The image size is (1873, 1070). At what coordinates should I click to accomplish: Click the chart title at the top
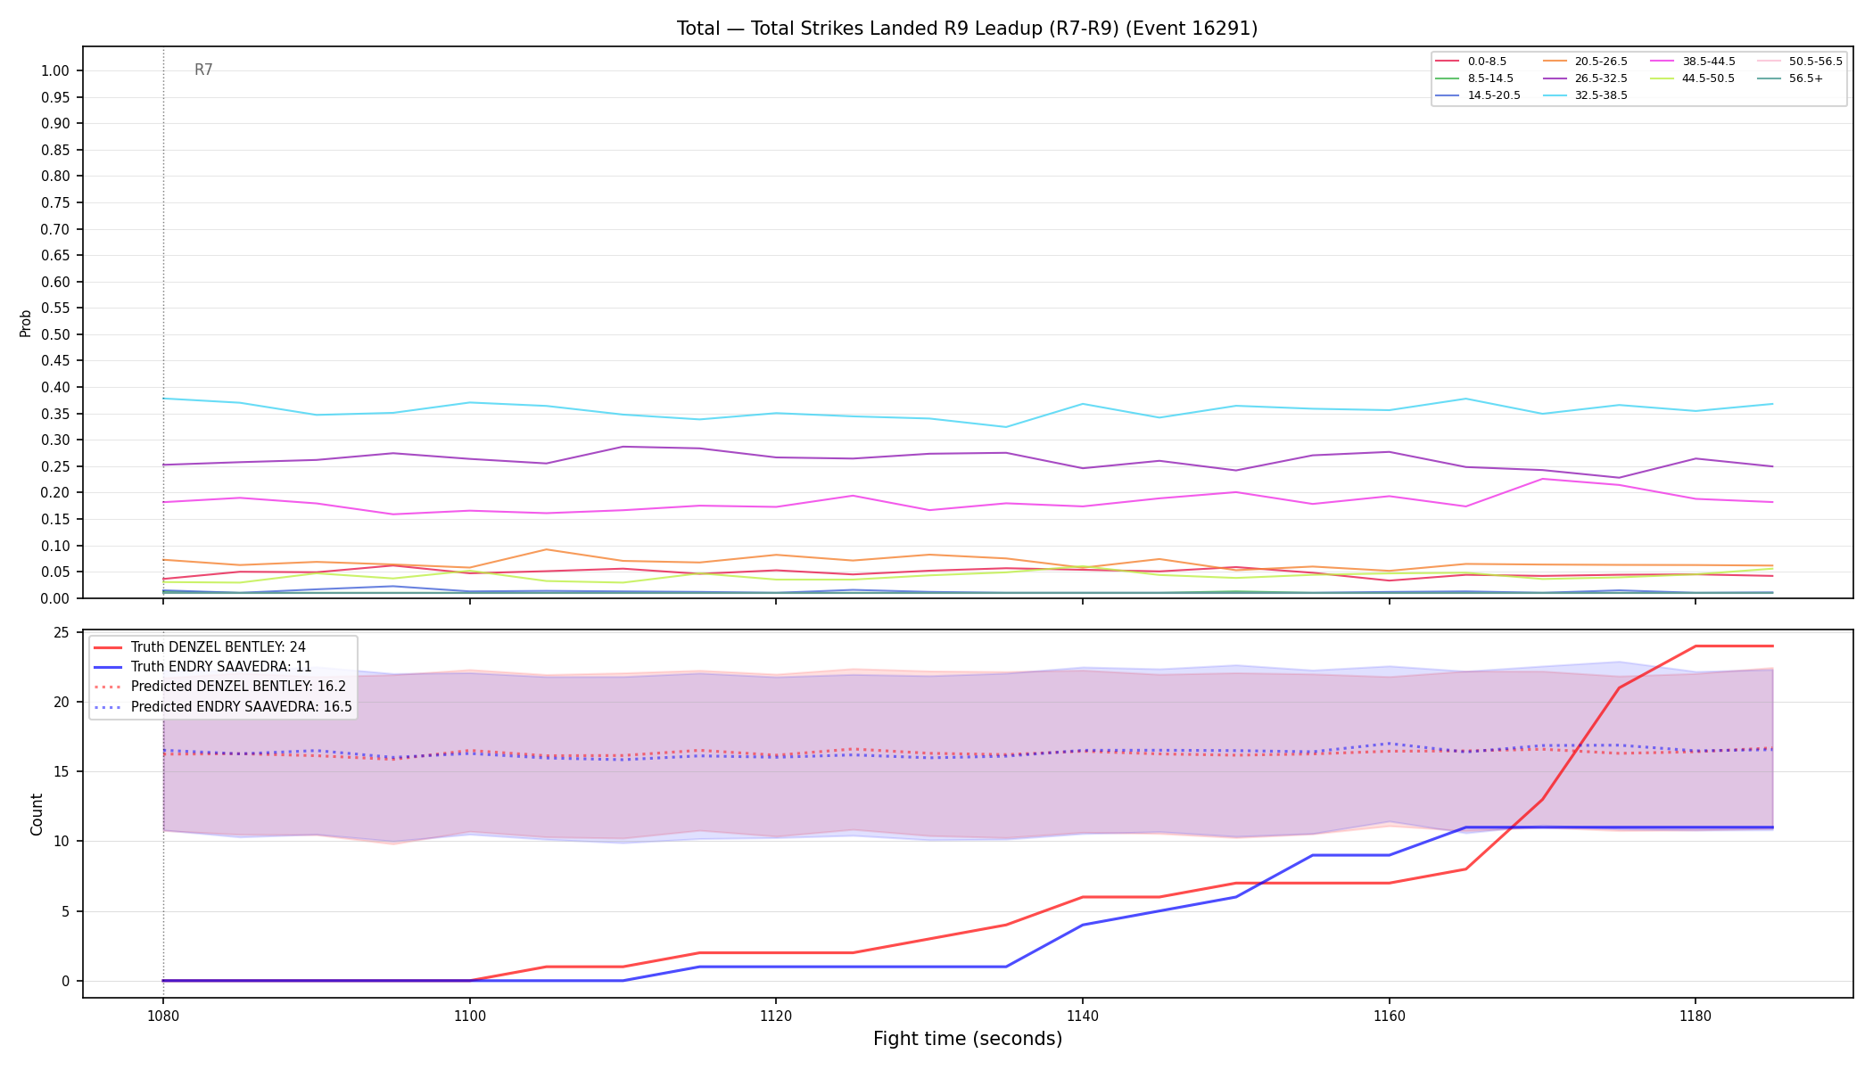[967, 29]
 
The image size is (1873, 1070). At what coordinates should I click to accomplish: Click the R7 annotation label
[203, 70]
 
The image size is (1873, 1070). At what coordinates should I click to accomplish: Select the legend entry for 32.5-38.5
[1601, 95]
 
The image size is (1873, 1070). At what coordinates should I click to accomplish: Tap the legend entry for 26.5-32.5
[1601, 78]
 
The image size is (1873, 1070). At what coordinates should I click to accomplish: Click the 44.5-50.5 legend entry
[1708, 78]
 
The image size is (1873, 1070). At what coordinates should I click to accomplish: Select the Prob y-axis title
[26, 323]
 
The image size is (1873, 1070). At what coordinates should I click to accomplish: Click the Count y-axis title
[37, 814]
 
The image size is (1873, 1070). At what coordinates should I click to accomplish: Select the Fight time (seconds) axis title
[968, 1039]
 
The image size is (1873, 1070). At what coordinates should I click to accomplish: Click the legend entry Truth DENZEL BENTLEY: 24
[219, 647]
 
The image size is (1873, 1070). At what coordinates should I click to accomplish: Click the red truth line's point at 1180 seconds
[1695, 646]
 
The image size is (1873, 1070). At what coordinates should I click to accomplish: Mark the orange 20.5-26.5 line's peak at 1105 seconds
[546, 549]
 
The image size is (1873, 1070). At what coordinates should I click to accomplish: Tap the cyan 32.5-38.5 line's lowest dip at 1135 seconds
[1006, 427]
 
